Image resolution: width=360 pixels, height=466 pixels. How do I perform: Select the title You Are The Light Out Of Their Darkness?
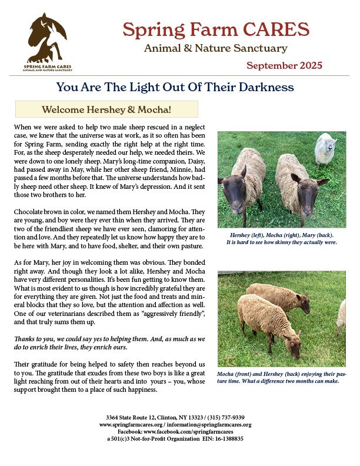[x=175, y=88]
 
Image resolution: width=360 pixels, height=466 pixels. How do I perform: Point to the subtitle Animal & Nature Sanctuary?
[x=216, y=48]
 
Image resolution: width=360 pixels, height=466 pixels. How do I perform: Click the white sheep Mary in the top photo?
[x=325, y=149]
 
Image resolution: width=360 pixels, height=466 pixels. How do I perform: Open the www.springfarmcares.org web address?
[x=132, y=424]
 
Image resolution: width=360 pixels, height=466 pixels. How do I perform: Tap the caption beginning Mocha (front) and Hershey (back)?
[x=281, y=377]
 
